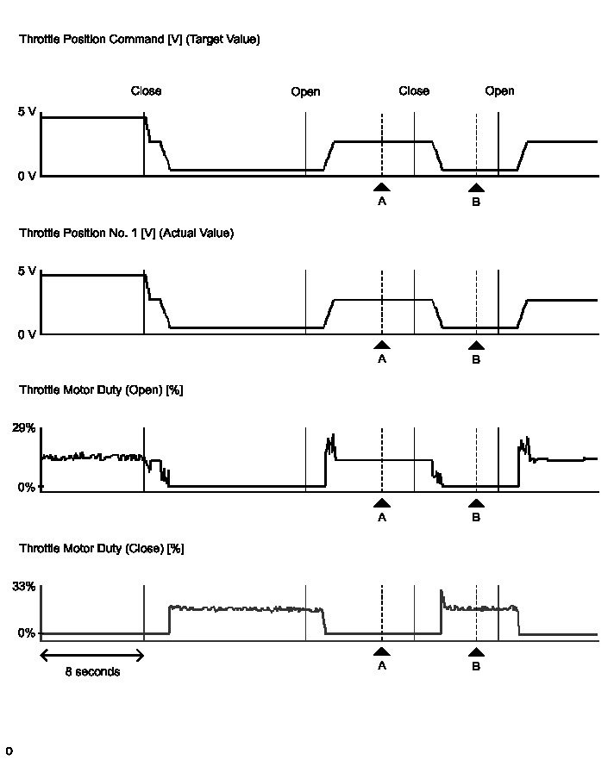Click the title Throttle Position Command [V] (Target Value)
pyautogui.click(x=139, y=40)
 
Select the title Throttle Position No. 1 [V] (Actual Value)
pyautogui.click(x=126, y=233)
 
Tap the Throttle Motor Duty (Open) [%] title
pyautogui.click(x=101, y=390)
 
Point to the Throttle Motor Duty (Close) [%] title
pyautogui.click(x=101, y=548)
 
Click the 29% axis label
pyautogui.click(x=24, y=428)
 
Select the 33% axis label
pyautogui.click(x=24, y=587)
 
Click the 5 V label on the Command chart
pyautogui.click(x=27, y=112)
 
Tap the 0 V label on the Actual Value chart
pyautogui.click(x=27, y=334)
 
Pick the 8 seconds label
pyautogui.click(x=92, y=672)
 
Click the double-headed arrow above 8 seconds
pyautogui.click(x=91, y=654)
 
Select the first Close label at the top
pyautogui.click(x=146, y=91)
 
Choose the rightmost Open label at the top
pyautogui.click(x=499, y=91)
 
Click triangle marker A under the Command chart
pyautogui.click(x=382, y=187)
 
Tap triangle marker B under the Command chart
pyautogui.click(x=476, y=187)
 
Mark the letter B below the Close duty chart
pyautogui.click(x=476, y=666)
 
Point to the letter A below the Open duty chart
pyautogui.click(x=382, y=518)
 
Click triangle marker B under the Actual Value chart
pyautogui.click(x=476, y=346)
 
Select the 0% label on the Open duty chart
pyautogui.click(x=27, y=487)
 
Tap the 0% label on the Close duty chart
pyautogui.click(x=27, y=633)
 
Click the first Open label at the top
pyautogui.click(x=305, y=92)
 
